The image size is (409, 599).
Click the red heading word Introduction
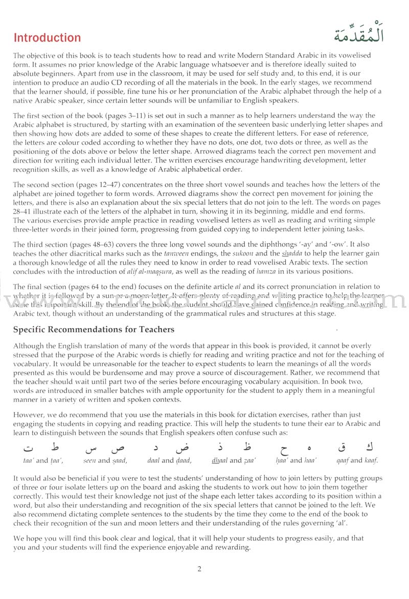[47, 38]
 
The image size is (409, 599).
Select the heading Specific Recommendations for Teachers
[94, 329]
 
